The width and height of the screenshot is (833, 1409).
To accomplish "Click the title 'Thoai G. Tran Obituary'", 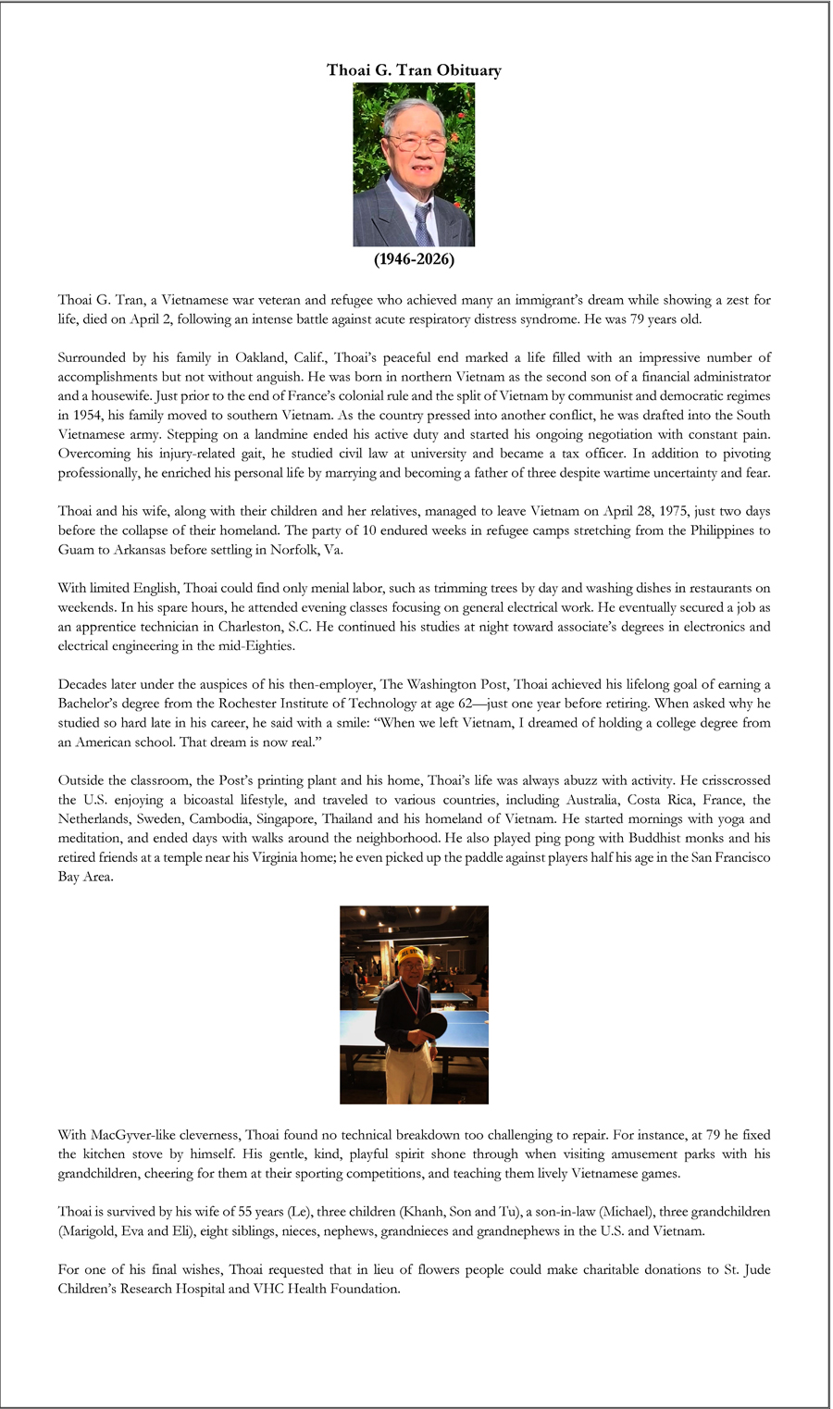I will [x=414, y=70].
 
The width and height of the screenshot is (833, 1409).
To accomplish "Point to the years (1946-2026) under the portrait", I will [x=414, y=259].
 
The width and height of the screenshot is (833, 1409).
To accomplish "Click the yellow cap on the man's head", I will [x=410, y=954].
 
